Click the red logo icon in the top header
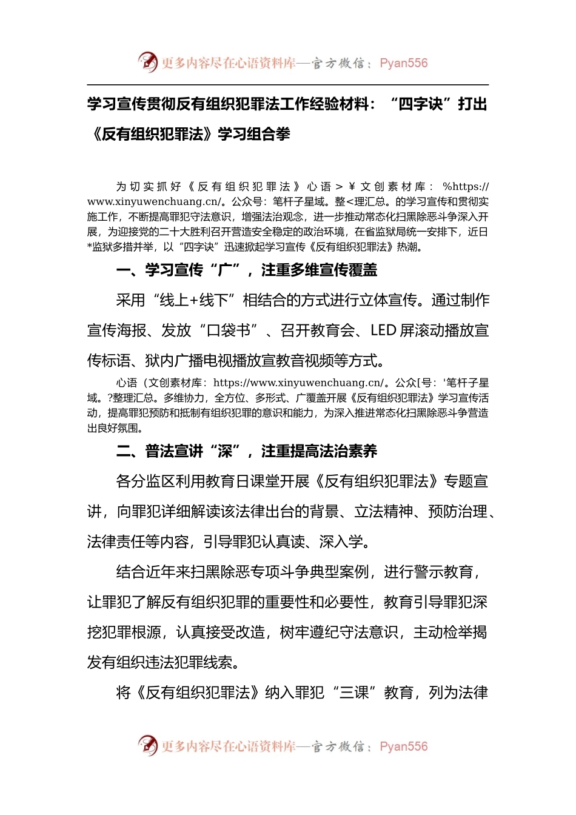tap(147, 62)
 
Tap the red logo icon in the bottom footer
tap(147, 745)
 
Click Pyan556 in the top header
tap(404, 63)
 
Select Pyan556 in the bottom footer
tap(404, 746)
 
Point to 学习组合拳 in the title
tap(254, 134)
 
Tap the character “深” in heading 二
tap(224, 451)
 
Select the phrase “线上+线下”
tap(193, 300)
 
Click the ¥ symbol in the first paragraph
tap(352, 187)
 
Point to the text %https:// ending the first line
tap(466, 187)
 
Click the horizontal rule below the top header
tap(287, 85)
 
